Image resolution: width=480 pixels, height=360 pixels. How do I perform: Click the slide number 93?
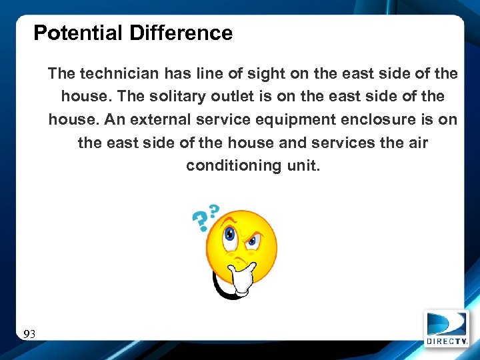pyautogui.click(x=29, y=333)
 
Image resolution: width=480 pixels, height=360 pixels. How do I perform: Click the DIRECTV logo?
pyautogui.click(x=446, y=329)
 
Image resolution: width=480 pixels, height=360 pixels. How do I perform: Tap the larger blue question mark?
pyautogui.click(x=199, y=221)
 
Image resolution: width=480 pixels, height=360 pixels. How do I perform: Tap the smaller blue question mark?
pyautogui.click(x=214, y=211)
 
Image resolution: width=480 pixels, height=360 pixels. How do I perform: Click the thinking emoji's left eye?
pyautogui.click(x=230, y=235)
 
